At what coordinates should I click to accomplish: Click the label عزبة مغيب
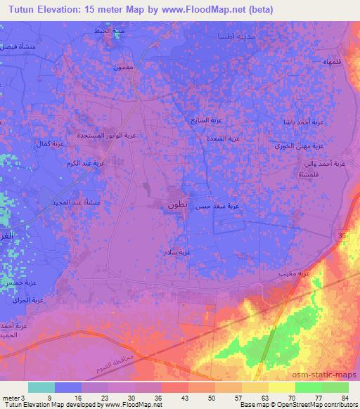point(298,271)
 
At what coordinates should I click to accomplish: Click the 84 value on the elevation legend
point(345,397)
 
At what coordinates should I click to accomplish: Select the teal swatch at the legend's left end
point(41,387)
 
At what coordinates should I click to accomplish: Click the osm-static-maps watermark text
point(330,376)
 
